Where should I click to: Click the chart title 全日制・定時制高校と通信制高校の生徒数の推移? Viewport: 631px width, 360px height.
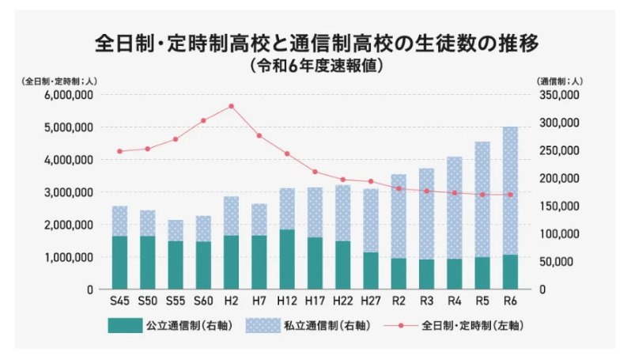(x=316, y=43)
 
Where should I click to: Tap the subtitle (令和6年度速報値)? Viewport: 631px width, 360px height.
(x=316, y=66)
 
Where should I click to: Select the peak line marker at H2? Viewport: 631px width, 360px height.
(x=231, y=106)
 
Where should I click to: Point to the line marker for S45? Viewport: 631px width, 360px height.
(x=119, y=151)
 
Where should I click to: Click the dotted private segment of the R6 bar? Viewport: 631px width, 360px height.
(x=511, y=190)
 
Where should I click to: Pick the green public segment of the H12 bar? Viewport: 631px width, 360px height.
(x=287, y=259)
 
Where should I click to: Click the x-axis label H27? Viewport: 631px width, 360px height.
(x=371, y=301)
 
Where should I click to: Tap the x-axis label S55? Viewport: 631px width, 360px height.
(x=175, y=301)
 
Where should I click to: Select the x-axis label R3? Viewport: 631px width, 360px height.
(x=427, y=301)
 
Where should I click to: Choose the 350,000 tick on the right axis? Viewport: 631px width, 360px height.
(x=559, y=94)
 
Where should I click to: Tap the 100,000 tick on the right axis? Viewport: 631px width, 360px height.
(x=559, y=233)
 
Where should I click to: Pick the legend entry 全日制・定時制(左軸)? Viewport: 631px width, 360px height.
(x=451, y=325)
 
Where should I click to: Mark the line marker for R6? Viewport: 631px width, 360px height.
(x=511, y=195)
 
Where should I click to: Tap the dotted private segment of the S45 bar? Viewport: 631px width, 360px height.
(x=119, y=221)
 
